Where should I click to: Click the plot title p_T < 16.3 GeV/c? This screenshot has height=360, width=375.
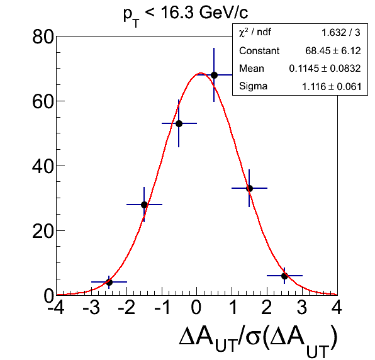[186, 15]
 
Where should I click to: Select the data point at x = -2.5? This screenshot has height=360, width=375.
[109, 282]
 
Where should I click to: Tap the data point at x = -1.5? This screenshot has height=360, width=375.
[144, 205]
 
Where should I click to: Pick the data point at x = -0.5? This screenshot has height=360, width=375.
[179, 123]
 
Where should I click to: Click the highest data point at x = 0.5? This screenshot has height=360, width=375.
[214, 75]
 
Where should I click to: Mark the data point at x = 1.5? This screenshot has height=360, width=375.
[249, 188]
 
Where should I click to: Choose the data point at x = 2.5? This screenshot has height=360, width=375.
[284, 276]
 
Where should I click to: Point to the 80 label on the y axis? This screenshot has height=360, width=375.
[43, 37]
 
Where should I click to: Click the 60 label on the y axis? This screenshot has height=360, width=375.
[43, 102]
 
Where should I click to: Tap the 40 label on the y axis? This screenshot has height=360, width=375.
[43, 167]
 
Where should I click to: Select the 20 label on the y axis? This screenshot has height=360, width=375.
[43, 232]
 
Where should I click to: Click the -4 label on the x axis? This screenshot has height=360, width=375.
[56, 307]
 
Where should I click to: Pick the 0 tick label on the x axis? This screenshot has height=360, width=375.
[196, 307]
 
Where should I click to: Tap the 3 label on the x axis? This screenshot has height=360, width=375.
[302, 307]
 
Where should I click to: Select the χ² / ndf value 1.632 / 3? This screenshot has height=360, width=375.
[341, 33]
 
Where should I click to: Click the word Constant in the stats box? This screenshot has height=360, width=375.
[259, 51]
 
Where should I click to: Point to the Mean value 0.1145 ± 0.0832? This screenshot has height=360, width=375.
[325, 69]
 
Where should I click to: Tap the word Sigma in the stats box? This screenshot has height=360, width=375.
[254, 86]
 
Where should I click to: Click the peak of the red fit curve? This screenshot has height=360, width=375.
[201, 73]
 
